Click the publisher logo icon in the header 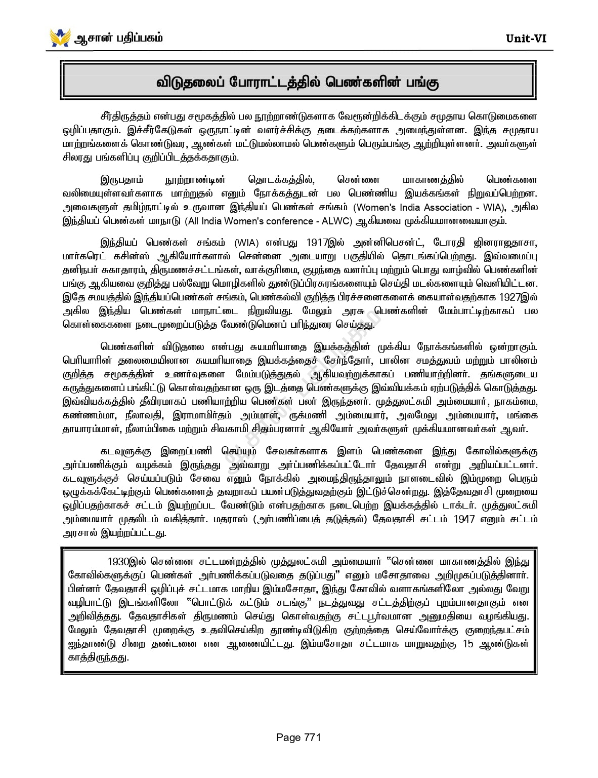[x=60, y=38]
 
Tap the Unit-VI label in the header [x=526, y=38]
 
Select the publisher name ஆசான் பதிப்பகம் [x=118, y=38]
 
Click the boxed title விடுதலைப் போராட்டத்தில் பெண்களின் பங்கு [x=297, y=82]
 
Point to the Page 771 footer [x=298, y=737]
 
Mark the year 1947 [x=464, y=519]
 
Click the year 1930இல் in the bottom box [x=126, y=562]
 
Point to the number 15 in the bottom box [x=468, y=644]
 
